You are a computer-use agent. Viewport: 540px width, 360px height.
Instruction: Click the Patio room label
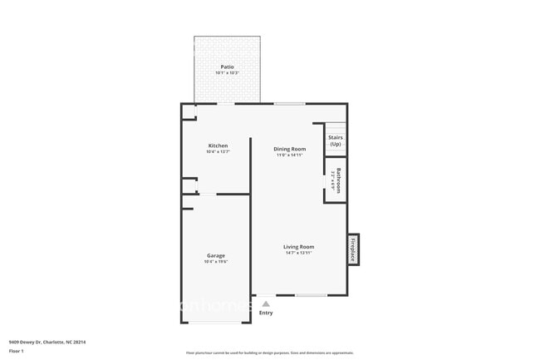(x=227, y=67)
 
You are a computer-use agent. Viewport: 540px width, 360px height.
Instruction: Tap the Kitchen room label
(x=218, y=145)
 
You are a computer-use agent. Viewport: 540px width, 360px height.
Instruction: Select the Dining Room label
(x=290, y=149)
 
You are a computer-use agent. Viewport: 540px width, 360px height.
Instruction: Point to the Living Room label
(x=298, y=246)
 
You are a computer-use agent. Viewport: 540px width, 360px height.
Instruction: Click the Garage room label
(x=216, y=255)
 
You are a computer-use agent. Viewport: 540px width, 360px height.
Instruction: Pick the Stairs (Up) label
(x=336, y=141)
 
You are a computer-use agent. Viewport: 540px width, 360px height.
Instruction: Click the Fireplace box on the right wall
(x=353, y=249)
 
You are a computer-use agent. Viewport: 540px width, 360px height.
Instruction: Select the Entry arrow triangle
(x=266, y=304)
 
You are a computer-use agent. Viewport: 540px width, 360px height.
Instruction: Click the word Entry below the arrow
(x=266, y=313)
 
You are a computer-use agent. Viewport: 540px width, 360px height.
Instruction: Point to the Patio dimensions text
(x=227, y=73)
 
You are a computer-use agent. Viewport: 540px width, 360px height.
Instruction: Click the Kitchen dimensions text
(x=218, y=152)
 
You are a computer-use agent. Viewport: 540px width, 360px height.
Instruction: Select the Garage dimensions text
(x=216, y=262)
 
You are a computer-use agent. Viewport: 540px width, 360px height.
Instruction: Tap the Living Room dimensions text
(x=298, y=253)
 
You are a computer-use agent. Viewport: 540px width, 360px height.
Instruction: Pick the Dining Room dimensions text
(x=290, y=155)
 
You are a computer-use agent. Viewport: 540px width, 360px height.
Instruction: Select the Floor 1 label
(x=17, y=351)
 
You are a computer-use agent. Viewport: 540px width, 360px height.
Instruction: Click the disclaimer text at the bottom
(x=269, y=353)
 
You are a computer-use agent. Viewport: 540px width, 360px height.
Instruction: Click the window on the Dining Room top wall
(x=289, y=103)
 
